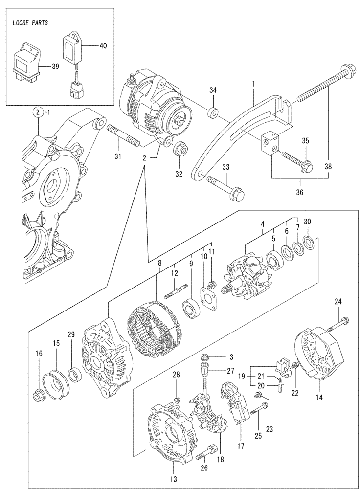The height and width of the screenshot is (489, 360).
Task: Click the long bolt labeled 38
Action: (320, 88)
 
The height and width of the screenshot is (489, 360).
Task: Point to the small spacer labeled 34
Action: (213, 114)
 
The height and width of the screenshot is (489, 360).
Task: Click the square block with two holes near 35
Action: (269, 143)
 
